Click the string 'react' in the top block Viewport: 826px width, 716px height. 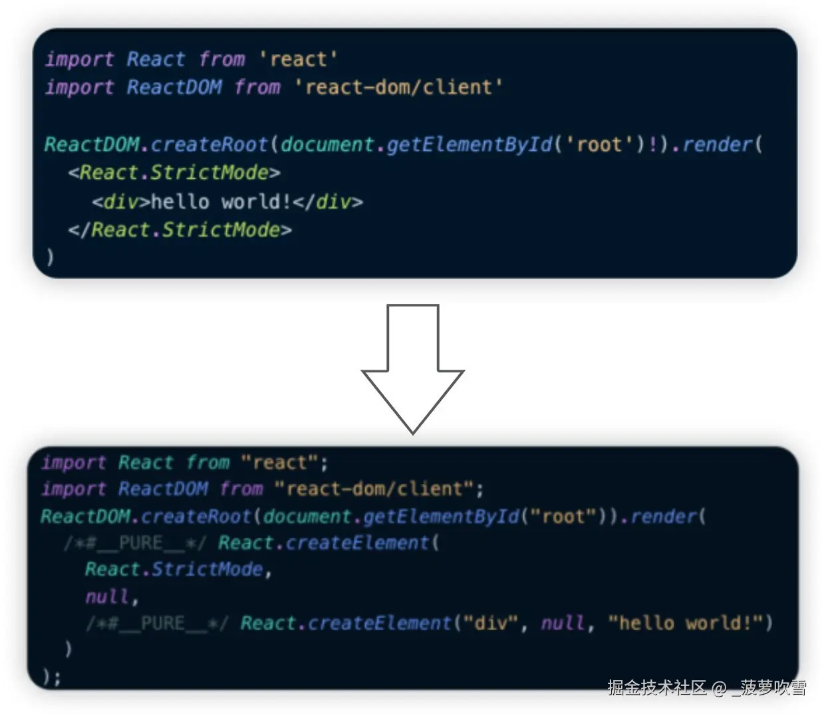pos(298,59)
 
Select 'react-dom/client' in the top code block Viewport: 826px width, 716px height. pos(398,87)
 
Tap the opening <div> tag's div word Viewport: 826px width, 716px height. pos(121,201)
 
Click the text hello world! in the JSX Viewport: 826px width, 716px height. pos(221,201)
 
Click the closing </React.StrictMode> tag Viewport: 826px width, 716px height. pos(180,230)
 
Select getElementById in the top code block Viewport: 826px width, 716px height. pos(469,144)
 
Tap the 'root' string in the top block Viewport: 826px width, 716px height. pos(599,144)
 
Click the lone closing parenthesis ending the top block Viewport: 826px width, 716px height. pos(50,257)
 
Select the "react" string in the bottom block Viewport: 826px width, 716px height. pos(279,463)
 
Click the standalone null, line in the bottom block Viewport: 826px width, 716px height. pos(108,597)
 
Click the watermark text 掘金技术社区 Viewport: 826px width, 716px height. pos(657,687)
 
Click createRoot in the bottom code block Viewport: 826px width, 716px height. pos(196,517)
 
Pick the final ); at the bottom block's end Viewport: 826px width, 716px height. pos(51,677)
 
